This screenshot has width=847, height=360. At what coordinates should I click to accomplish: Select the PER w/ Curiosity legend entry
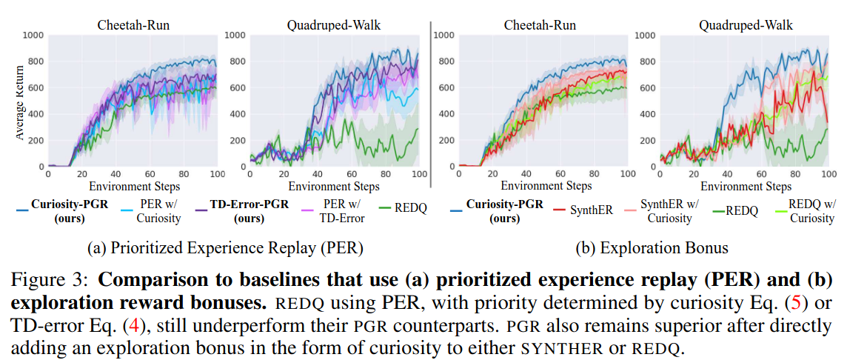[159, 210]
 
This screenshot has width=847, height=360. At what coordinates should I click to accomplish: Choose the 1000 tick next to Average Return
[33, 35]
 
